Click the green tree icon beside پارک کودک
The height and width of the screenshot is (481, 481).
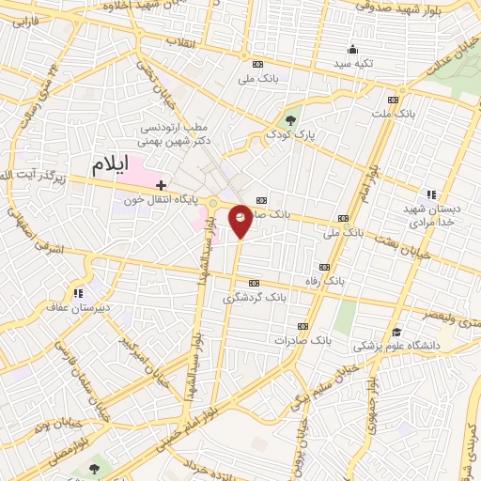(290, 120)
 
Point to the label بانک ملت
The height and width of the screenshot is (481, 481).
(393, 114)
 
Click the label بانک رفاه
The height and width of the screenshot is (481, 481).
(339, 281)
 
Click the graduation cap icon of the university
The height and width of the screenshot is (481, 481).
(397, 333)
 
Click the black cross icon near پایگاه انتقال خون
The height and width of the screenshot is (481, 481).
(162, 185)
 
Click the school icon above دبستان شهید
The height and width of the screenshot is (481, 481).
(431, 192)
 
